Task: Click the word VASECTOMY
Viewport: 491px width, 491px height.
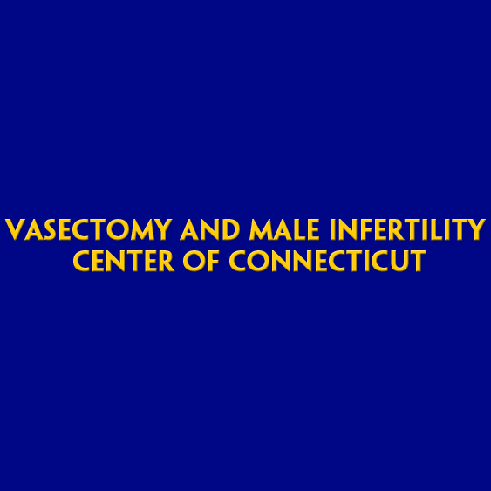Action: click(x=89, y=230)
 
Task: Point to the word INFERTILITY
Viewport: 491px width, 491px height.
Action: click(x=406, y=230)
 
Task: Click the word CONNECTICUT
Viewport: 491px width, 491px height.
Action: click(x=327, y=261)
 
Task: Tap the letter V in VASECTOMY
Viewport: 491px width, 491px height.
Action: click(x=15, y=230)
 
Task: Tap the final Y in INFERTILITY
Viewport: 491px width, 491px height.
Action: click(x=475, y=230)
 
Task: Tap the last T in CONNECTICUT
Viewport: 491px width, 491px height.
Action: click(x=418, y=261)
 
